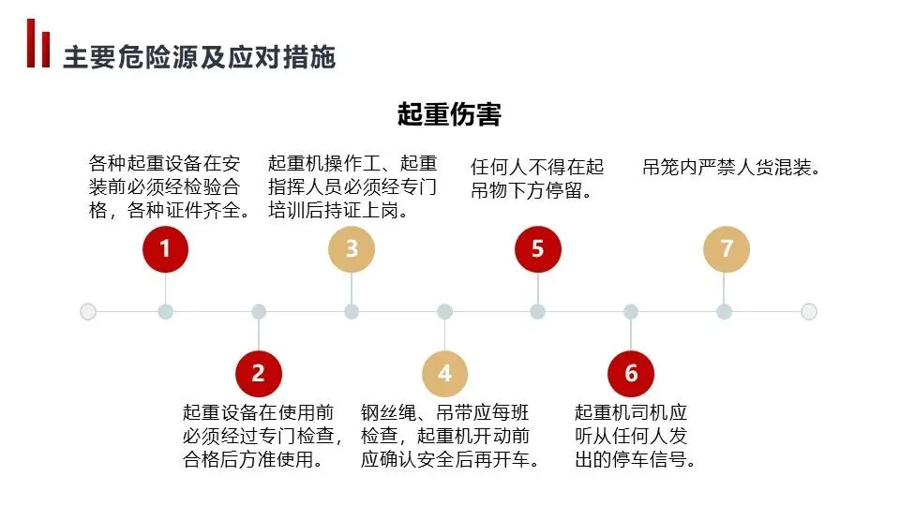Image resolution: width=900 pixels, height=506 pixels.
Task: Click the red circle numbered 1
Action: click(x=165, y=249)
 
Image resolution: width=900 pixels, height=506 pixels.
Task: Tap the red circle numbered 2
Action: click(x=259, y=374)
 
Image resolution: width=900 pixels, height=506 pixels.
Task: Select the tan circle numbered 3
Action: click(x=352, y=249)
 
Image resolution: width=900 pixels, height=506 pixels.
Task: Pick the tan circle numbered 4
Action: click(x=444, y=374)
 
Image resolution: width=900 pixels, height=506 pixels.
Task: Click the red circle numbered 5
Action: click(x=537, y=249)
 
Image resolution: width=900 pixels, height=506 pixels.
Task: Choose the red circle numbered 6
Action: click(x=631, y=374)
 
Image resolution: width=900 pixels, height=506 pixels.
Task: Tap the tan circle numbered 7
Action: click(x=726, y=249)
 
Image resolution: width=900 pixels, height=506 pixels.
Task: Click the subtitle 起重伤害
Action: click(x=449, y=114)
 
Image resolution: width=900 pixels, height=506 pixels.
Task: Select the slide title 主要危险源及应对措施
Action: click(x=199, y=57)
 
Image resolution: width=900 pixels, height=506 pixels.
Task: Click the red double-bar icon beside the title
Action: click(x=38, y=44)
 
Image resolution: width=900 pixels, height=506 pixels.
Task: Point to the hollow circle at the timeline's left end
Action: click(x=88, y=311)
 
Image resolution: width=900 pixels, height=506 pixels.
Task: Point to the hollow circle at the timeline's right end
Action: click(x=809, y=311)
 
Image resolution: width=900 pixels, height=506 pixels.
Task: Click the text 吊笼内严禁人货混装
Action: click(x=732, y=168)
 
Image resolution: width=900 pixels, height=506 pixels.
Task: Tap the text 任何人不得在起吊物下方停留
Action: click(x=537, y=179)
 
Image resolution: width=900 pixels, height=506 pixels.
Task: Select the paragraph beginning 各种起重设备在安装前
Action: click(x=171, y=187)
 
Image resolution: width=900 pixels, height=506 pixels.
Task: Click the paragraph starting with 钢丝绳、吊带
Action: click(x=450, y=436)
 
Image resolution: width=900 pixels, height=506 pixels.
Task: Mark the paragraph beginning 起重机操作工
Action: click(x=352, y=187)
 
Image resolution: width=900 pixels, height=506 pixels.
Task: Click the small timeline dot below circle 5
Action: click(x=537, y=311)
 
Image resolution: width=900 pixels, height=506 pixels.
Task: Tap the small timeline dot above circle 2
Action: click(x=259, y=311)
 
